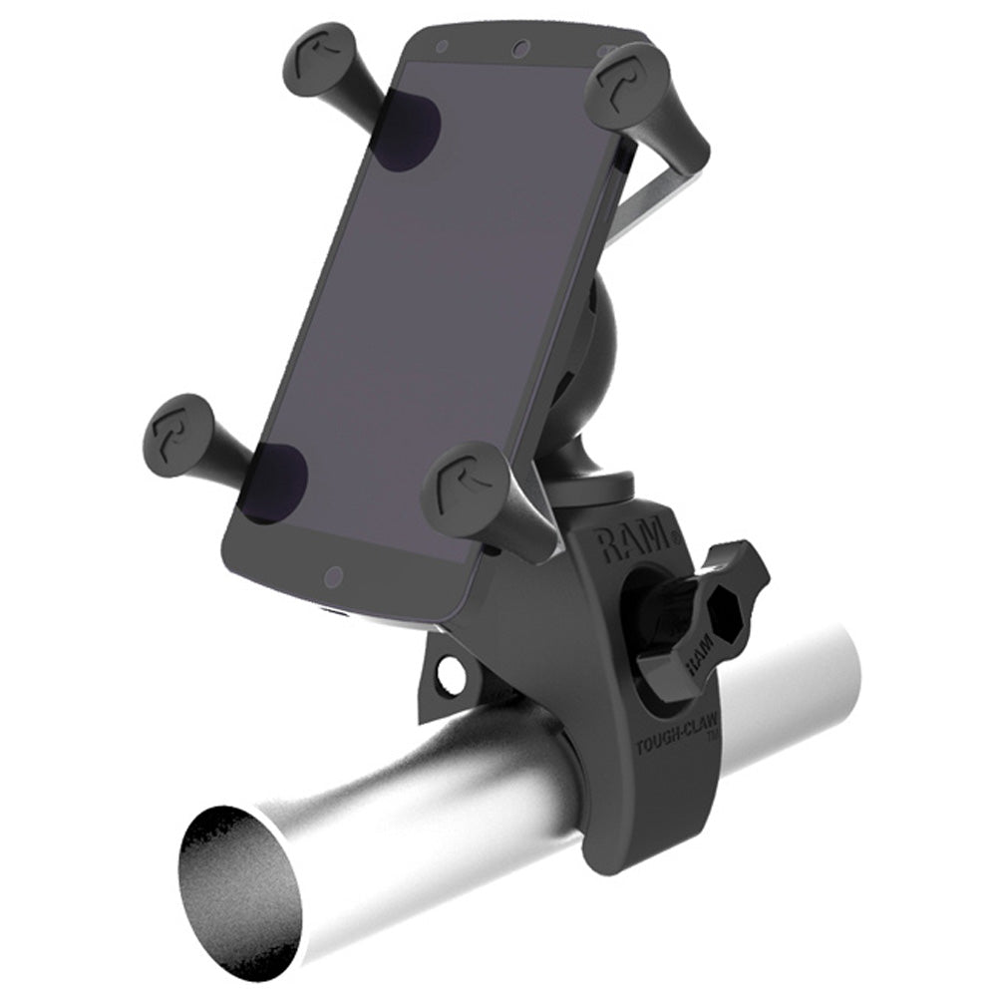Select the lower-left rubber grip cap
tap(181, 432)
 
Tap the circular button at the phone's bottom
tap(334, 576)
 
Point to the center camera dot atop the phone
tap(518, 49)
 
